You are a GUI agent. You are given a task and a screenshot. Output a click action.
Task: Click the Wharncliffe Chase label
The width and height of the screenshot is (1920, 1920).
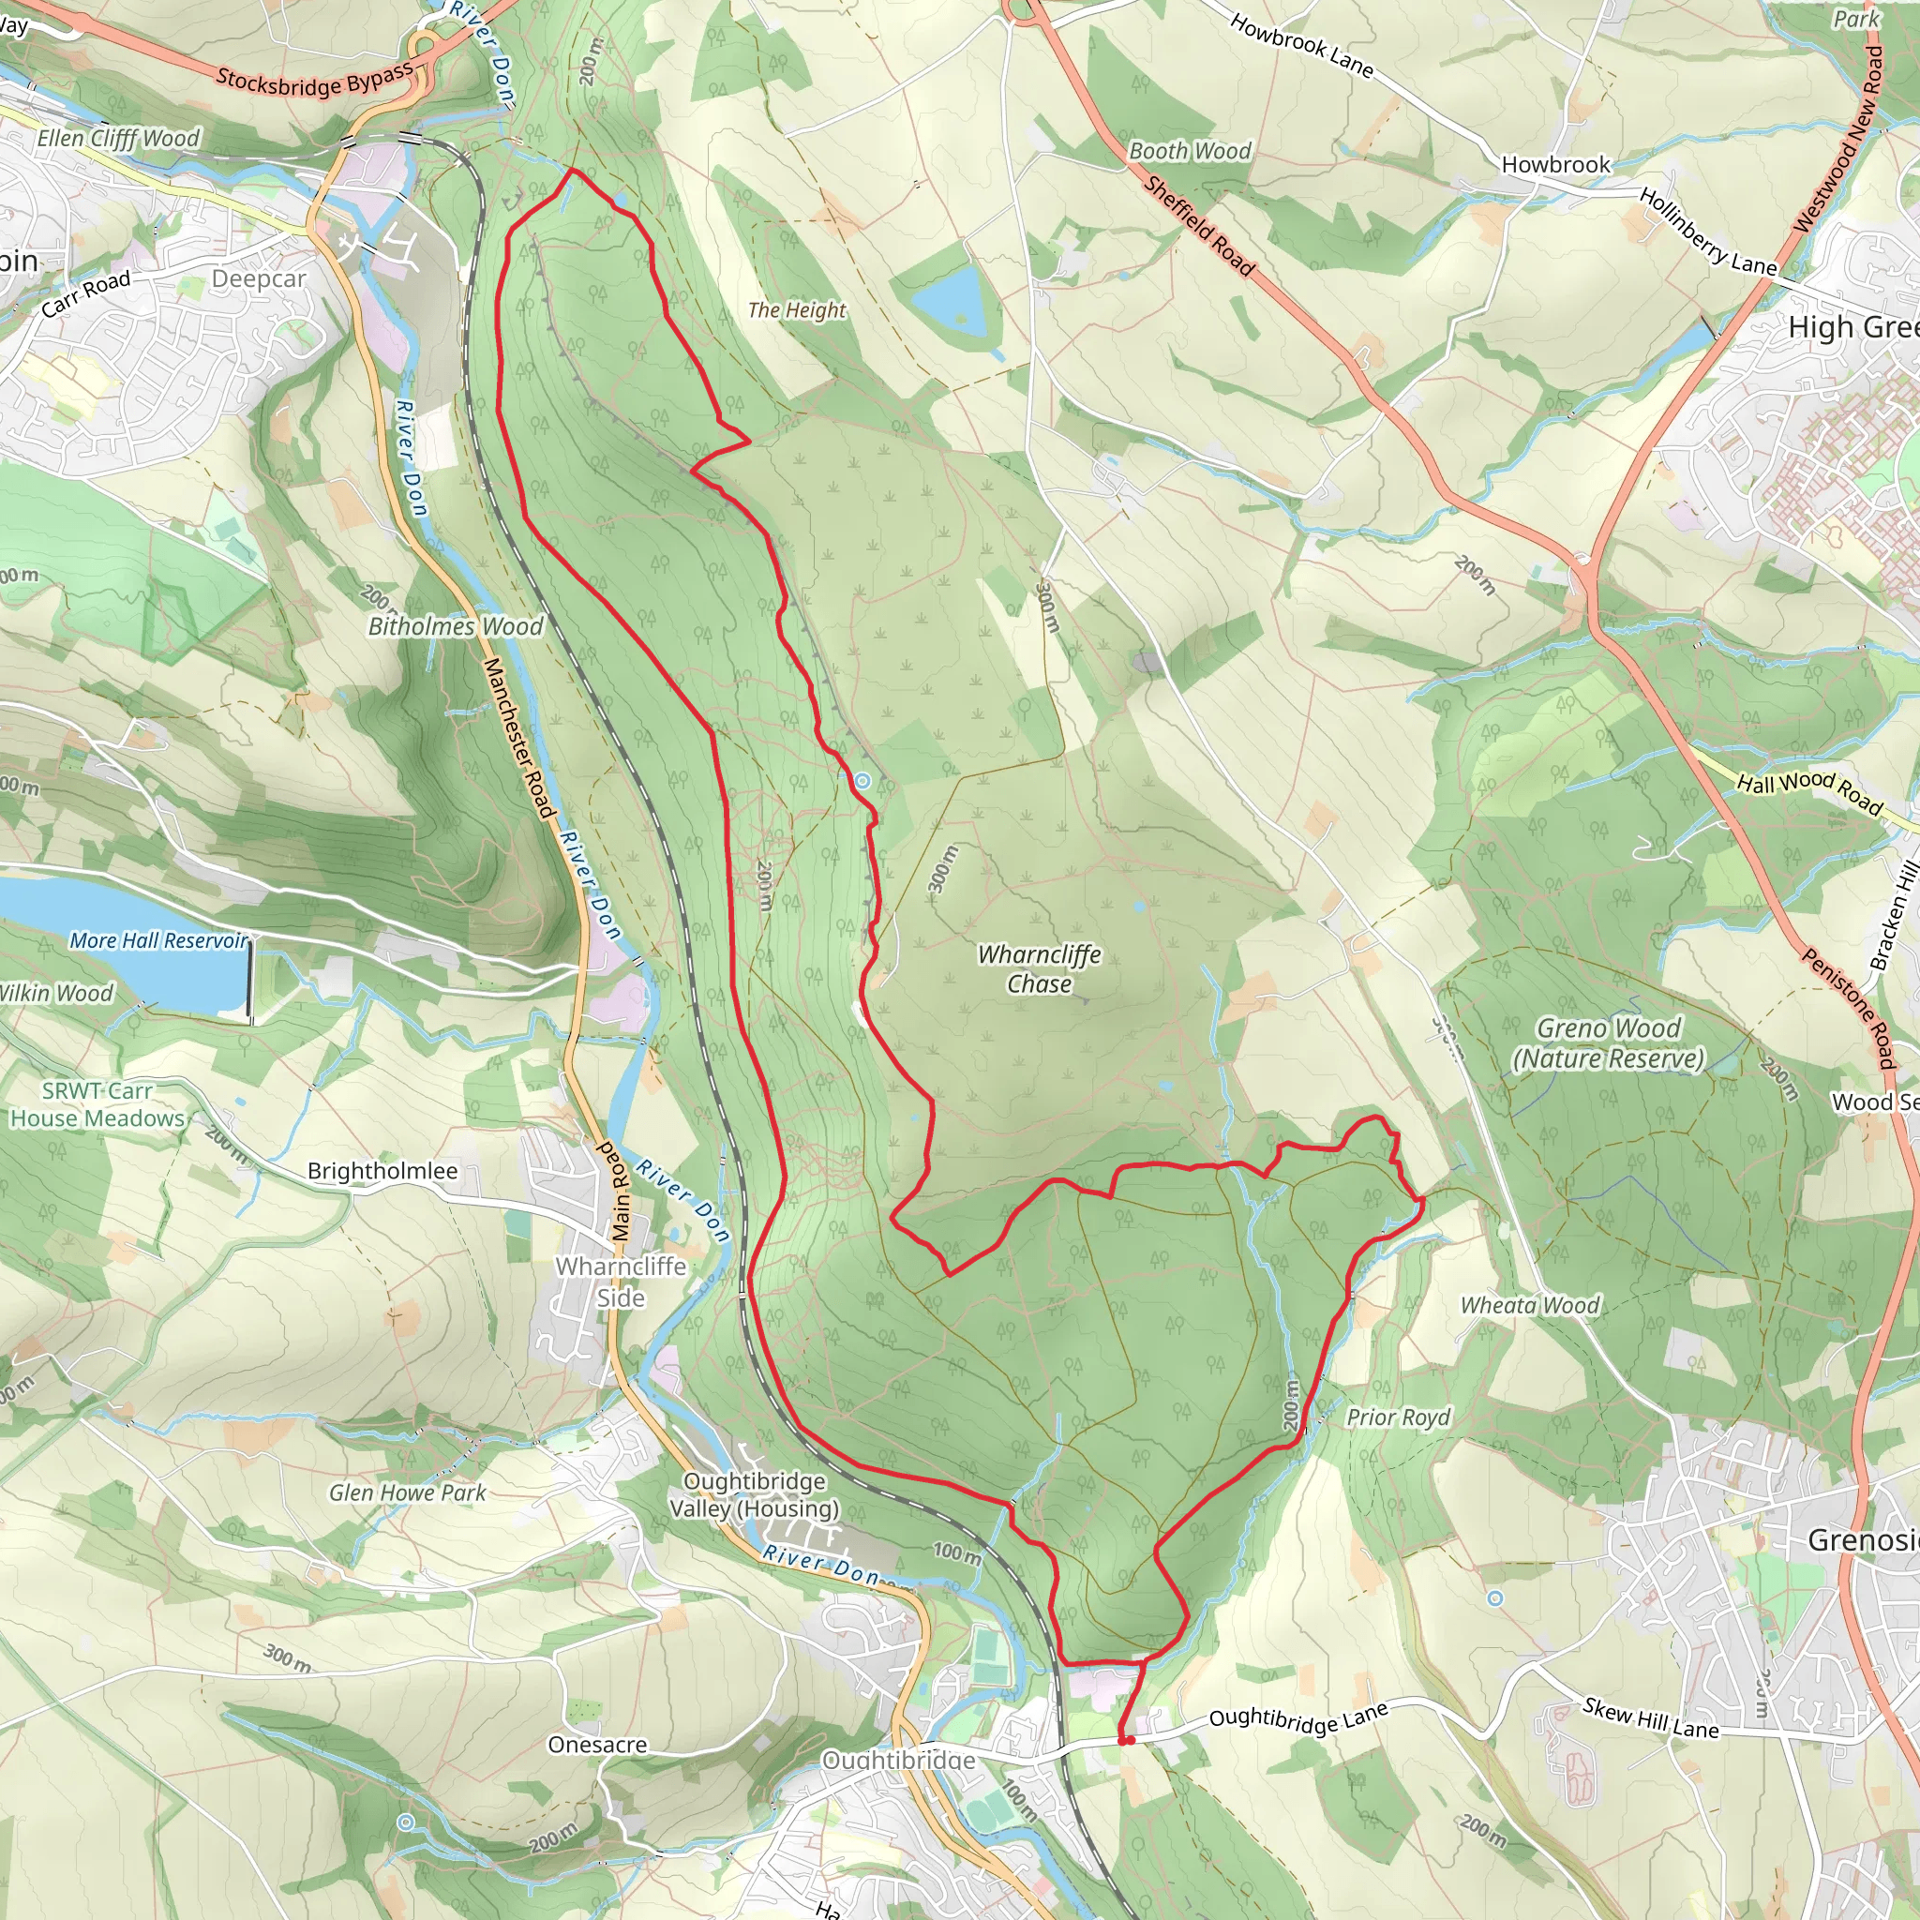[1039, 969]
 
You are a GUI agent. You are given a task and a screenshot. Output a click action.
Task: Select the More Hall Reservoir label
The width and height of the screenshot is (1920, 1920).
[158, 940]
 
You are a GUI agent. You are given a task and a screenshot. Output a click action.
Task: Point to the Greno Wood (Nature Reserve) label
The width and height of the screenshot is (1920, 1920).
[1607, 1043]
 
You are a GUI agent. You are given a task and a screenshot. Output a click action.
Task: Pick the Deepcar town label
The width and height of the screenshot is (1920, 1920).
[259, 279]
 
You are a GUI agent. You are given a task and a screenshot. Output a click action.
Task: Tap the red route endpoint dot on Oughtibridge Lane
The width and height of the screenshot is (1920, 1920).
[1128, 1740]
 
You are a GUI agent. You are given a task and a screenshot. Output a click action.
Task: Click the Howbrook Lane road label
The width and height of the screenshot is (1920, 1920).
[1301, 46]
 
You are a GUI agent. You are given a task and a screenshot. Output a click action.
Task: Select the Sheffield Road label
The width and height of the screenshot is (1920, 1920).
[1198, 227]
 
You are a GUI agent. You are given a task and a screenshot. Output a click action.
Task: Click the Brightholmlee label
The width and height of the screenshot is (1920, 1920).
[382, 1171]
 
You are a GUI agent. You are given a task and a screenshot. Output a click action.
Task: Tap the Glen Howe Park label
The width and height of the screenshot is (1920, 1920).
[408, 1492]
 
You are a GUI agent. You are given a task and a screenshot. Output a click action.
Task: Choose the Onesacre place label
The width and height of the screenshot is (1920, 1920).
[597, 1745]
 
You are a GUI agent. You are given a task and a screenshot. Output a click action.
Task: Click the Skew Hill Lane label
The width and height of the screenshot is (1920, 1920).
[1651, 1719]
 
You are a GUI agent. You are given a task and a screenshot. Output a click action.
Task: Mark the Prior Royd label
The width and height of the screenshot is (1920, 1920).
[1397, 1417]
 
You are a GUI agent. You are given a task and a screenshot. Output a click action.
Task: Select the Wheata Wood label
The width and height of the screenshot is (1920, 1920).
[1529, 1305]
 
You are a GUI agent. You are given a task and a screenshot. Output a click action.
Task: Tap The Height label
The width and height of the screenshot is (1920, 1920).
[796, 310]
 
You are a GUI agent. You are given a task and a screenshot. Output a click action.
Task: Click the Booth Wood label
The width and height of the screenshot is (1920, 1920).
[1190, 151]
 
